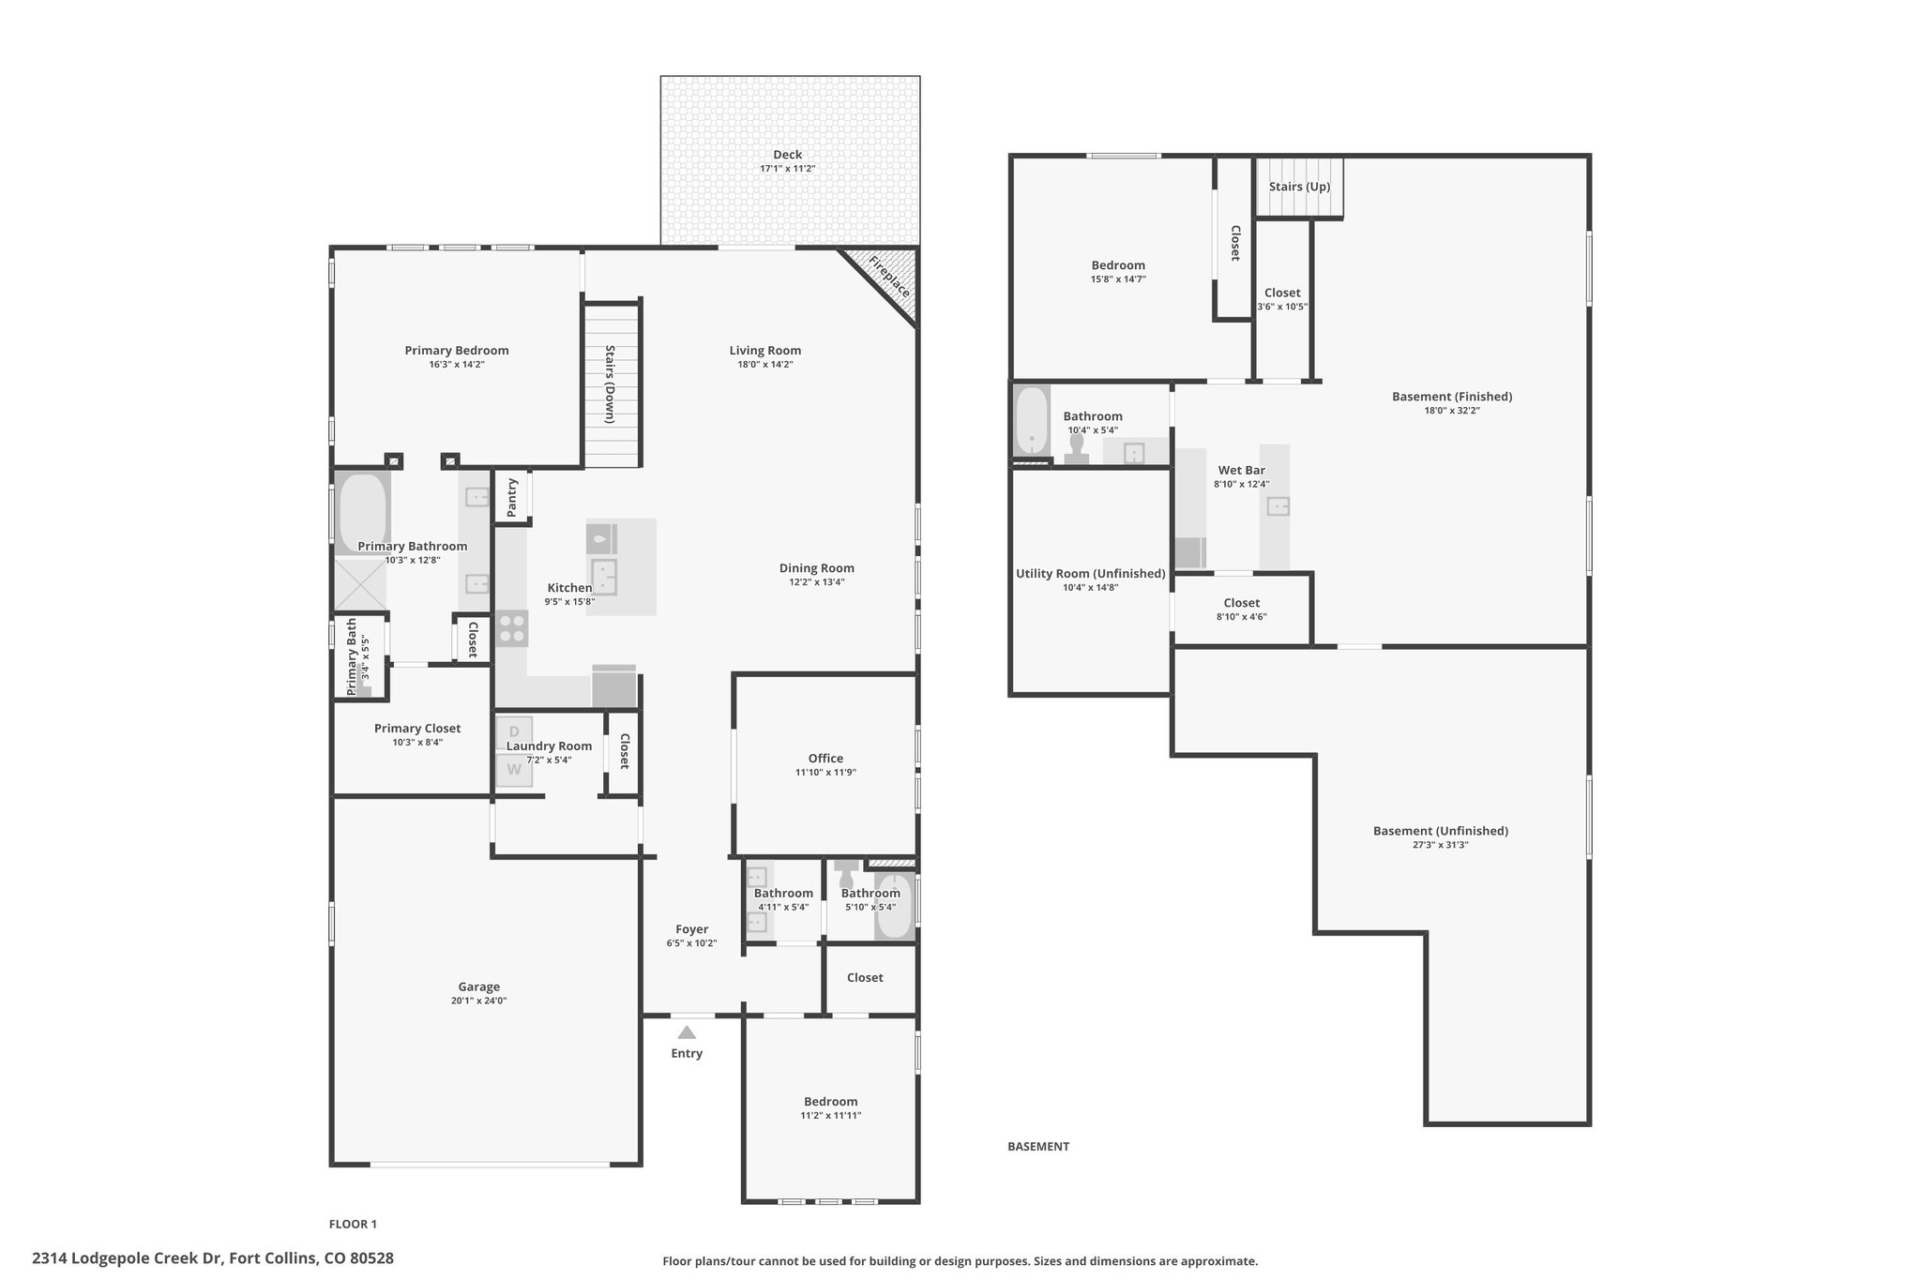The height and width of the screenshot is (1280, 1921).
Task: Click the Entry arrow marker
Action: tap(687, 1032)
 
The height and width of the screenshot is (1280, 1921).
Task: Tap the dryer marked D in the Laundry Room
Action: tap(514, 732)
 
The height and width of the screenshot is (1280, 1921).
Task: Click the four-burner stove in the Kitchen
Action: tap(512, 628)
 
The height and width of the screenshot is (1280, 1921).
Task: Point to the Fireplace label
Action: tap(888, 276)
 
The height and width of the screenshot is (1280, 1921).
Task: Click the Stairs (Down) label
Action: tap(611, 384)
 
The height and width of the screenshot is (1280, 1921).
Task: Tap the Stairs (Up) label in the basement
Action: tap(1299, 187)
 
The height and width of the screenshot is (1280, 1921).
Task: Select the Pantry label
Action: tap(512, 498)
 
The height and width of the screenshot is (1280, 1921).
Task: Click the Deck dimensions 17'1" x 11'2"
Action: tap(788, 169)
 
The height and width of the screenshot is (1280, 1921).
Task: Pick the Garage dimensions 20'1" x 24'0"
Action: tap(479, 1001)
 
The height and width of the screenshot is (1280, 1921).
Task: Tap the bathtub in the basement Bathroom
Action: tap(1032, 420)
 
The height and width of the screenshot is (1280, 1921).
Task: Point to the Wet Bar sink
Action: tap(1278, 506)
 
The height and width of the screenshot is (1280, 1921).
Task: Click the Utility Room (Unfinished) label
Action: tap(1091, 574)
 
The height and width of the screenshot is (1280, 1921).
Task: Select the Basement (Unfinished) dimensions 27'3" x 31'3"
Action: tap(1441, 845)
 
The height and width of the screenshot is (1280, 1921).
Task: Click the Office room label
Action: tap(825, 759)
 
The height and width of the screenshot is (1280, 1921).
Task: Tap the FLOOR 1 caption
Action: tap(353, 1224)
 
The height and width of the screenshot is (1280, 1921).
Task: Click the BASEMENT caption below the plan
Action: tap(1038, 1146)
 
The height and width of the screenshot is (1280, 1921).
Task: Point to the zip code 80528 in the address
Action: tap(372, 1257)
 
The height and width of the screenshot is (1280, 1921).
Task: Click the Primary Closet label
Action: tap(417, 729)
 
